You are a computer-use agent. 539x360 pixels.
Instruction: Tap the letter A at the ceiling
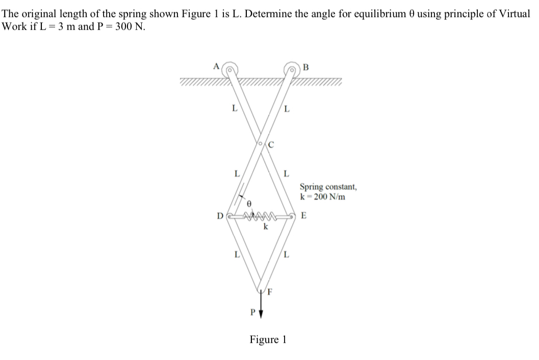click(216, 66)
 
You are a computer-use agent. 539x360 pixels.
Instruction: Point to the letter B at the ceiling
click(305, 66)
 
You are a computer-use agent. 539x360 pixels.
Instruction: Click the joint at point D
click(229, 216)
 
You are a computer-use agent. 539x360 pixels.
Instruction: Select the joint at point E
click(292, 216)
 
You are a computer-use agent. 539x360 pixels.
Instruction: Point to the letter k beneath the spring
click(265, 226)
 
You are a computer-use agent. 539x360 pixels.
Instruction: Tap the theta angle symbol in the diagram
click(248, 203)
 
